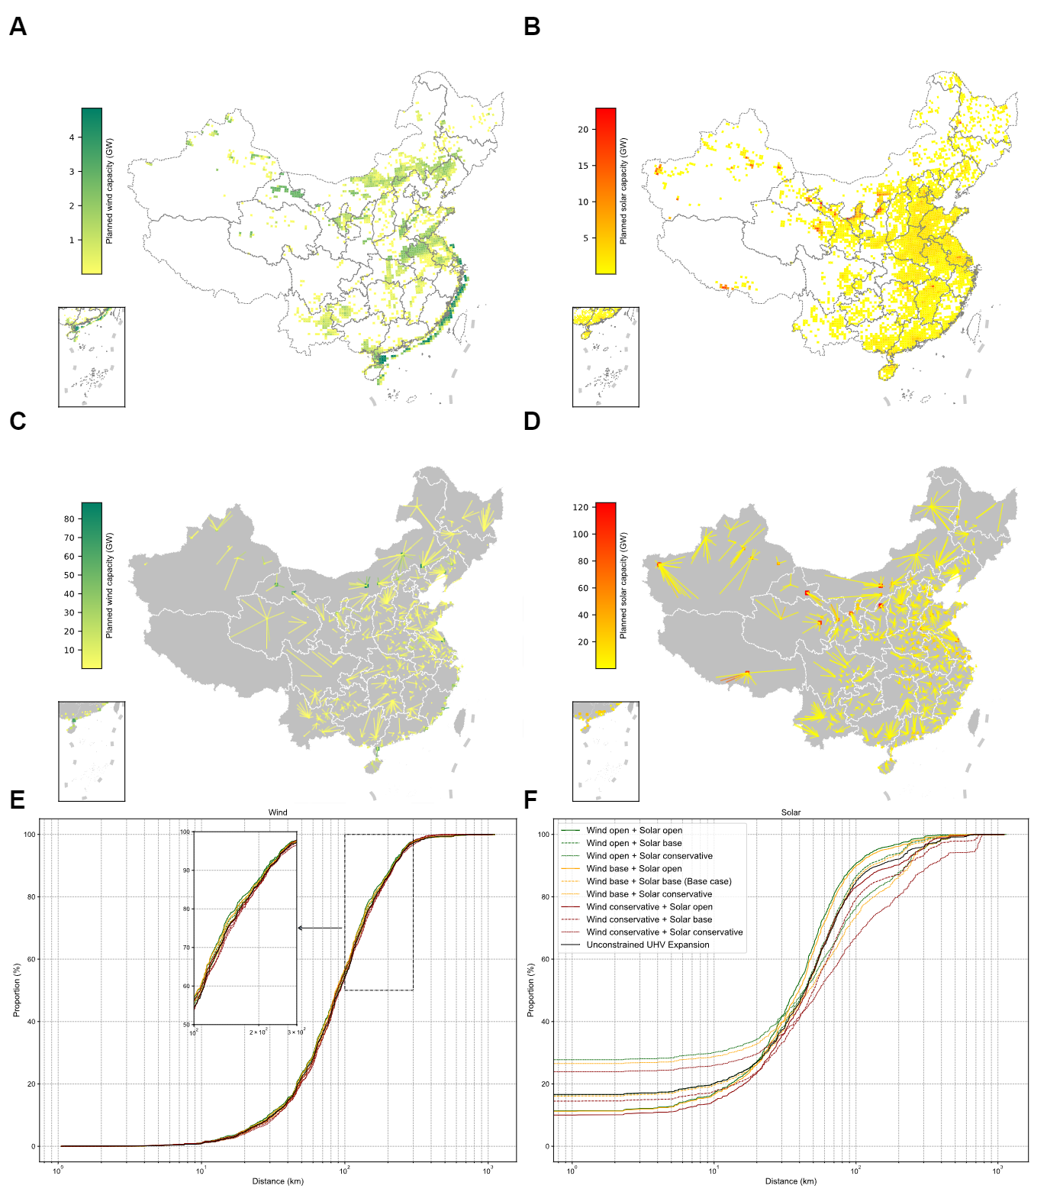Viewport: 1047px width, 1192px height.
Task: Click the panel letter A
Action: pos(18,27)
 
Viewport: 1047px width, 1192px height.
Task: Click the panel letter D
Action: pos(532,422)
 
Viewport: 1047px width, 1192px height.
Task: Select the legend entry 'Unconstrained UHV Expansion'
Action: pos(648,945)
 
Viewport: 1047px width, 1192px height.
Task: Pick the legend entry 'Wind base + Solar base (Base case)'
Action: pos(659,881)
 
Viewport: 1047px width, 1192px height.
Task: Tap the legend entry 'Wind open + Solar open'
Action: pos(634,830)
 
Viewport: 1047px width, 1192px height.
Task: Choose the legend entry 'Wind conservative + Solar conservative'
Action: pos(664,932)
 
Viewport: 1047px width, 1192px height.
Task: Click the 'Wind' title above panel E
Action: pos(278,812)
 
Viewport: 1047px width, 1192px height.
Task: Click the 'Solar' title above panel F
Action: pos(791,812)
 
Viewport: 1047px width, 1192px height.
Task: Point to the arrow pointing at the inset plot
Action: pos(320,928)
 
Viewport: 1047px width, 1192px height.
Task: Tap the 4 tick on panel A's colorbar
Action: pos(72,137)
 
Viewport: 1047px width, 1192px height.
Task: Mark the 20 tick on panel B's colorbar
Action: pos(583,130)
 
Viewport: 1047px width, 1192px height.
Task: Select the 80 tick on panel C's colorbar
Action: pos(69,519)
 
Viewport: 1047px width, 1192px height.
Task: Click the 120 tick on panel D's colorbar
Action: pos(581,507)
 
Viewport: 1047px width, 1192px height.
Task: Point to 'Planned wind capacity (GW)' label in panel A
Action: pos(110,191)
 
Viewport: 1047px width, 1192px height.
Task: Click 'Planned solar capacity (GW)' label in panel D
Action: pos(624,586)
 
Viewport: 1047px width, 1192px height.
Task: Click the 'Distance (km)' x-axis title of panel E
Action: pos(278,1181)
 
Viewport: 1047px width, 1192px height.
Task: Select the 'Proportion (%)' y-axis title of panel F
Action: pos(531,990)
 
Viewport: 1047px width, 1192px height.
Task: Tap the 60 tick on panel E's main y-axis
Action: pos(31,959)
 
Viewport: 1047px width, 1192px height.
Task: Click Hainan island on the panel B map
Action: pos(888,372)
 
